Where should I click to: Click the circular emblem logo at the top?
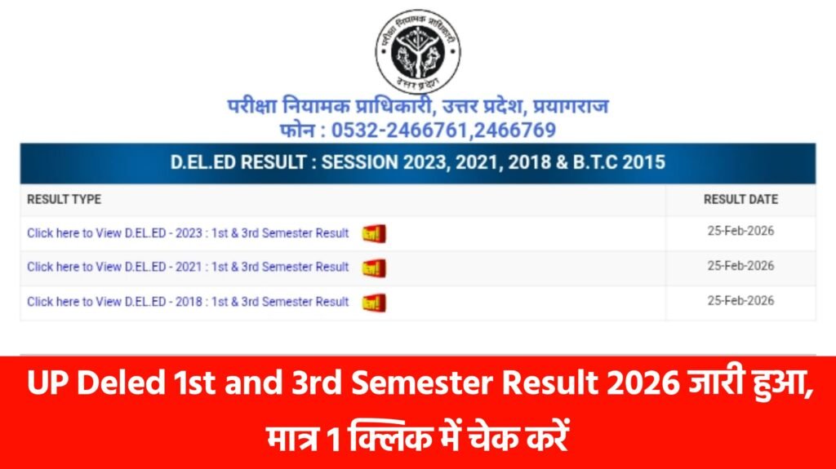417,52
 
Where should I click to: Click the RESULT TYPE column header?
64,199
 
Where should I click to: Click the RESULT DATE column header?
740,199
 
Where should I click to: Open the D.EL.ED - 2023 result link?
188,233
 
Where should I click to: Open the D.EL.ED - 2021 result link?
188,267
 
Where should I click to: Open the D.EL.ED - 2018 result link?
188,302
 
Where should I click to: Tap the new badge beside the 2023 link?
374,234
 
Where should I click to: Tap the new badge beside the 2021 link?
374,268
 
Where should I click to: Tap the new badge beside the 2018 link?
374,303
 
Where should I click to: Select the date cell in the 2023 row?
740,231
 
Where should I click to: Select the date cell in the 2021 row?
740,266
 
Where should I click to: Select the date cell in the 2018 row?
740,300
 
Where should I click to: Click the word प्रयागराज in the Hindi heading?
574,107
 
